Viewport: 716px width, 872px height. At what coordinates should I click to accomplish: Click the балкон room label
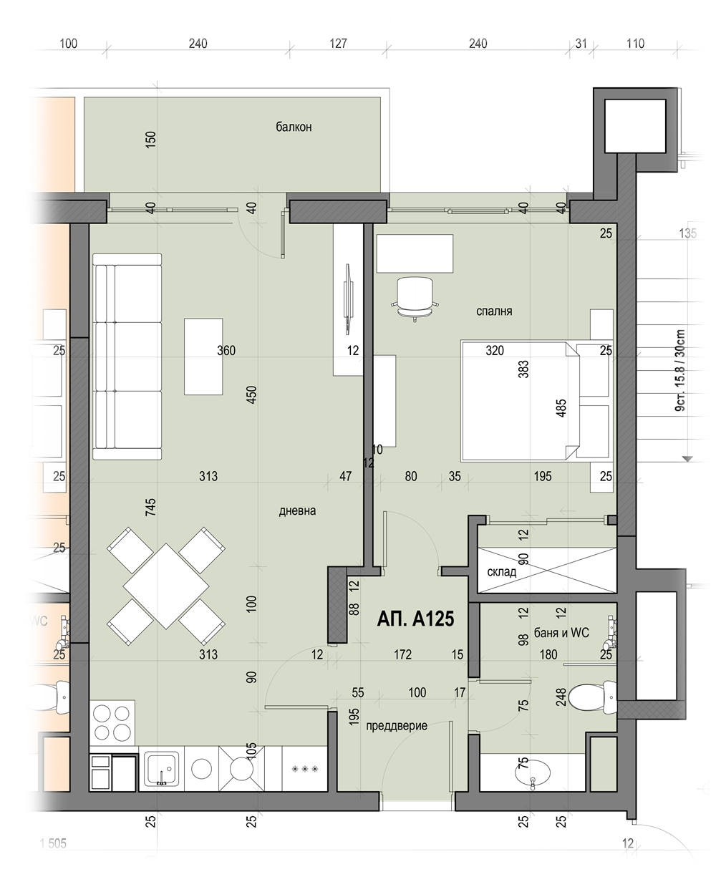pos(294,127)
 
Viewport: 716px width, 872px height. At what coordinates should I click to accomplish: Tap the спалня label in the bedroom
pos(494,311)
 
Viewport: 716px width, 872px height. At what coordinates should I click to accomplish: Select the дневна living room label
pos(297,511)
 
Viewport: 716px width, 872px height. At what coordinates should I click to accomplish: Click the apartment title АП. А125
pos(415,619)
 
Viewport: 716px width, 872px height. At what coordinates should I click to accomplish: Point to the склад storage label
pos(502,572)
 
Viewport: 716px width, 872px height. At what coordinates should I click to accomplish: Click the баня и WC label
pos(561,633)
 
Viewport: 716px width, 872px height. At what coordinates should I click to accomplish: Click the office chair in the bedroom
pos(415,299)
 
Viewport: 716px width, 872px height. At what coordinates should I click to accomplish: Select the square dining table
pos(166,586)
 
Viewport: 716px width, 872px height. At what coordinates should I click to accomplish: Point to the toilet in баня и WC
pos(592,697)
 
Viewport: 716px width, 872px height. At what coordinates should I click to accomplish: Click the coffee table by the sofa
pos(203,357)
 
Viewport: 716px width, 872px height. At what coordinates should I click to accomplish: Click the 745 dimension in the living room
pos(150,507)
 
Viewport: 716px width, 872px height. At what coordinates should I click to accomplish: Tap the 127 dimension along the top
pos(338,44)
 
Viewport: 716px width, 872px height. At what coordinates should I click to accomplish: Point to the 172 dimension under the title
pos(402,654)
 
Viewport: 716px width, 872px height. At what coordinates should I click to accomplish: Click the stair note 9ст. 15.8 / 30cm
pos(679,370)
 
